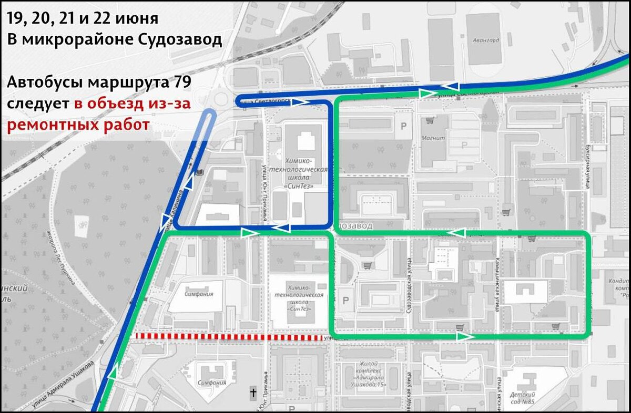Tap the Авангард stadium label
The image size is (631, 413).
pos(485,40)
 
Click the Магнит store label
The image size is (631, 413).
pos(433,138)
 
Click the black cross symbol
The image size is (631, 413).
pos(253,393)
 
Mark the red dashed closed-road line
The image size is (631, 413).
pos(229,337)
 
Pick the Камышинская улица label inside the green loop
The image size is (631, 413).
pos(496,284)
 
